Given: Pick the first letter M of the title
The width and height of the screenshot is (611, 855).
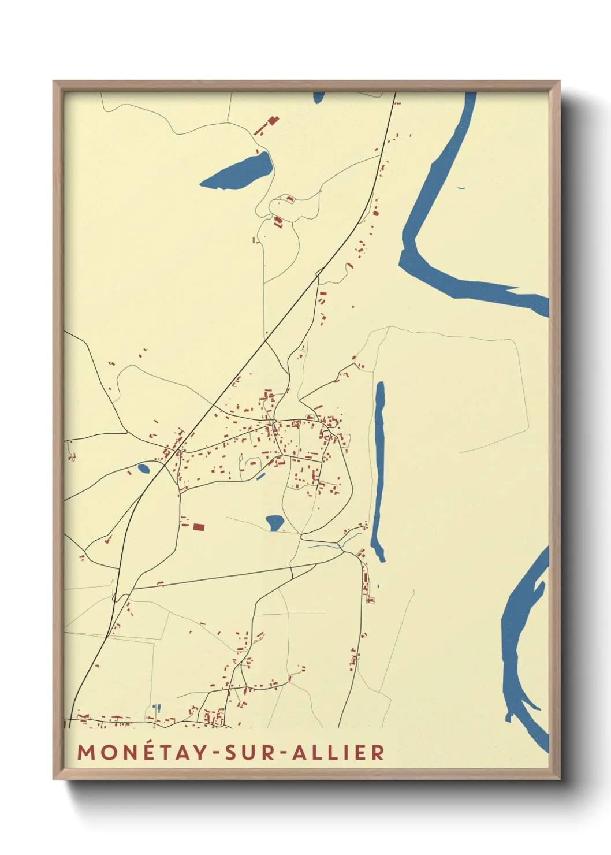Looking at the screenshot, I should point(86,752).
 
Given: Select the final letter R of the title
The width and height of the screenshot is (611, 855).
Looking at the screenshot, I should point(378,752).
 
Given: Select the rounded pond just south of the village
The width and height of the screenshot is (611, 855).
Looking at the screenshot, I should point(274,522).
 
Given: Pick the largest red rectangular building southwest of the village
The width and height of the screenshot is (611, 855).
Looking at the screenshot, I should point(199,527).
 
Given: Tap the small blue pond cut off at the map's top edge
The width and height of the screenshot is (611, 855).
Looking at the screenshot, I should point(319,97).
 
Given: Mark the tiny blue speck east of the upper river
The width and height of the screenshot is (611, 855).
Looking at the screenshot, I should point(461,188).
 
